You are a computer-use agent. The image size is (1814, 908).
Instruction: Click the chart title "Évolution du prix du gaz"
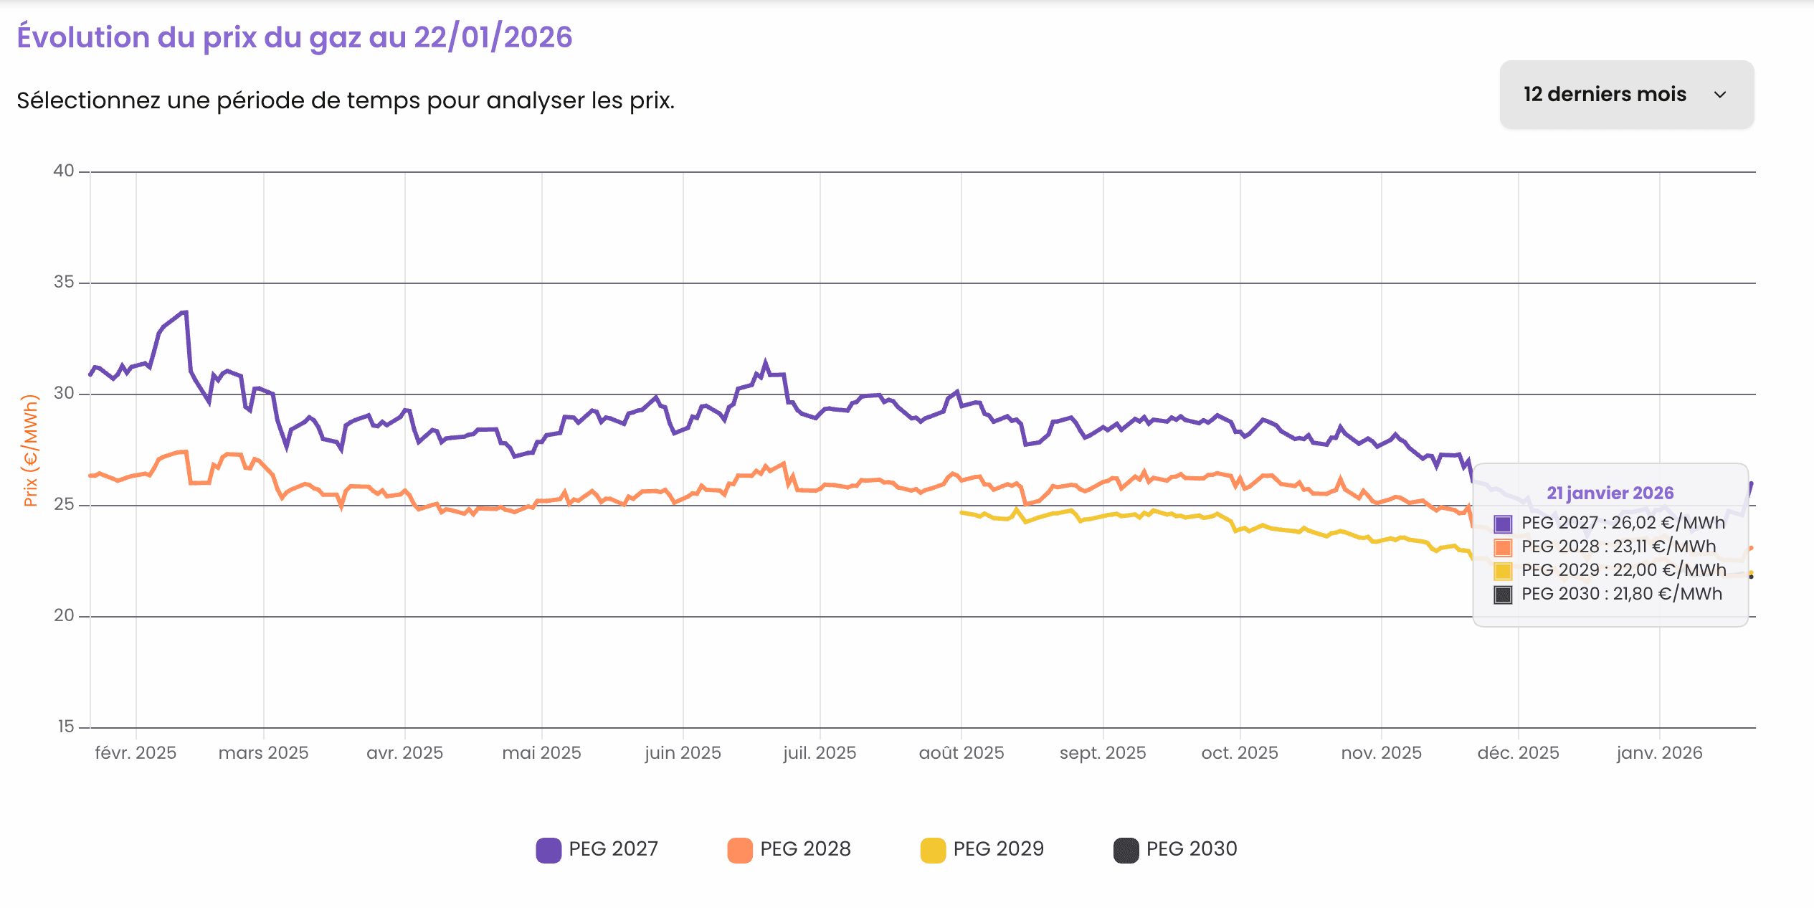[x=294, y=37]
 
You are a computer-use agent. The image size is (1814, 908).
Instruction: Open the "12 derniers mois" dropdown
[x=1625, y=95]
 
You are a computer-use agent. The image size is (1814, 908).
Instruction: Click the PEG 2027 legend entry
[x=597, y=849]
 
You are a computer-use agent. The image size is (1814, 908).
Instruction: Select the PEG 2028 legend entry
[x=789, y=849]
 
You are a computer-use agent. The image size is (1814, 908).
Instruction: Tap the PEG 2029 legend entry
[x=982, y=849]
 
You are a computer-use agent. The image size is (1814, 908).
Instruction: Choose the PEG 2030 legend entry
[x=1175, y=849]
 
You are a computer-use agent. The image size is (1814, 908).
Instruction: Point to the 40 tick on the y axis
[x=64, y=171]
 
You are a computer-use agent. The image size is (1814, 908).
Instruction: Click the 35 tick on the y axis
[x=64, y=282]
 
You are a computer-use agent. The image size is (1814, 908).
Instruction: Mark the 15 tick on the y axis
[x=66, y=727]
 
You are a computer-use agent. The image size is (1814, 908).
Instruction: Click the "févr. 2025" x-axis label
[x=136, y=753]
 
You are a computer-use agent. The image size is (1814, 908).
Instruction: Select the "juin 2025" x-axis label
[x=683, y=753]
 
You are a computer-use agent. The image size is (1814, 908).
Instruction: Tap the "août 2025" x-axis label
[x=961, y=753]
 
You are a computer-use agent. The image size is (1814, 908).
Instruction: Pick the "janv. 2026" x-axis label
[x=1659, y=753]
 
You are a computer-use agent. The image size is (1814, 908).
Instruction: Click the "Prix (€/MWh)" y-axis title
[x=30, y=450]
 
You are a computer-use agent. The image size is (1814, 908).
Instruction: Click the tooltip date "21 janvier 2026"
[x=1610, y=493]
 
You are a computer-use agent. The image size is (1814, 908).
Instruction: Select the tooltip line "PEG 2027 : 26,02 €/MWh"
[x=1623, y=523]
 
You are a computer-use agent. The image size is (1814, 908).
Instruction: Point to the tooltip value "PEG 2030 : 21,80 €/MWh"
[x=1621, y=594]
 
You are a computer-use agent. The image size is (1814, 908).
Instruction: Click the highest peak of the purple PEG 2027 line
[x=186, y=312]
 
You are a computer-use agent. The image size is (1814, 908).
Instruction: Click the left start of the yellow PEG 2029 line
[x=961, y=512]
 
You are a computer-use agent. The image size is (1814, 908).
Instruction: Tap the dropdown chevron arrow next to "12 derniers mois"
[x=1719, y=95]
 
